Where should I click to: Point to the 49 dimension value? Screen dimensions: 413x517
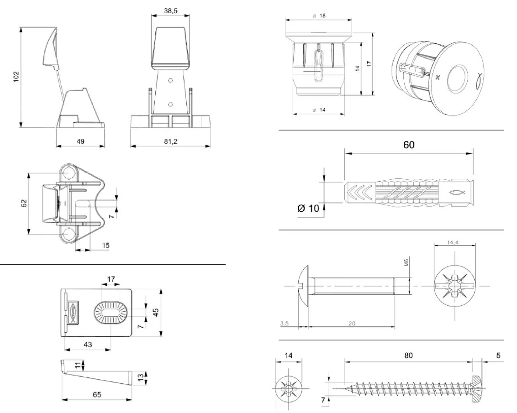click(80, 142)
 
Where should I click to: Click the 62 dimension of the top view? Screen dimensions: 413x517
click(24, 202)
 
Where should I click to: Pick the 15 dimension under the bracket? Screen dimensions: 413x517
click(105, 246)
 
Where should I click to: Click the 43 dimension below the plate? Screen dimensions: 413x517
click(88, 345)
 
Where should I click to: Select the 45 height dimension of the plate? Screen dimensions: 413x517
click(155, 313)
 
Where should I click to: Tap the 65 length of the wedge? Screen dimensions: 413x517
click(96, 394)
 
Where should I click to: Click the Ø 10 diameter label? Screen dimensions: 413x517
click(308, 209)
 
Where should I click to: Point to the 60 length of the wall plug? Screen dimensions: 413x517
click(409, 145)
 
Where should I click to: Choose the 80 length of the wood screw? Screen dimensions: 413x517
click(408, 355)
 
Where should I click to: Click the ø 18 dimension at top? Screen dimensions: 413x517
click(319, 16)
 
